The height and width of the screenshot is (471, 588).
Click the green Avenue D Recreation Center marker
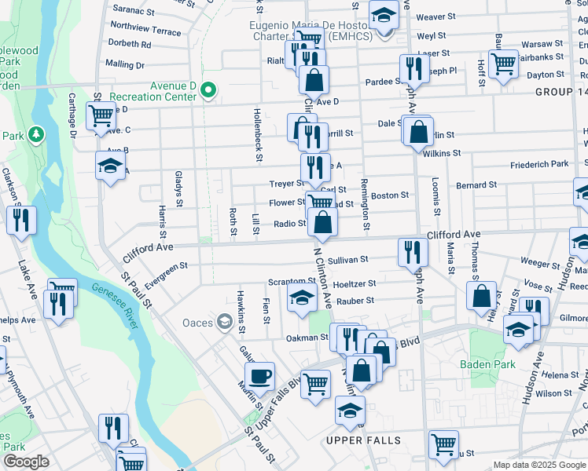coord(208,91)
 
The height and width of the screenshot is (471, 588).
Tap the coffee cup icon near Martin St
coord(259,374)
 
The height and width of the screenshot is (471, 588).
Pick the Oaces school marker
coord(225,321)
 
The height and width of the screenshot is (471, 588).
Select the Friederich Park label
coord(539,165)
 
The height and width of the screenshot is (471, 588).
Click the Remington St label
coord(365,204)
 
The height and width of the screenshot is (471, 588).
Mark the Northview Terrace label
coord(147,31)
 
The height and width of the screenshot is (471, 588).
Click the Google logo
coord(25,462)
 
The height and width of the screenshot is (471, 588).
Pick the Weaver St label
coord(435,16)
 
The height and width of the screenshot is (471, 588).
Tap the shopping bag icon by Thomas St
coord(482,296)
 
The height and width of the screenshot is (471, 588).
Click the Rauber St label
coord(355,301)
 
